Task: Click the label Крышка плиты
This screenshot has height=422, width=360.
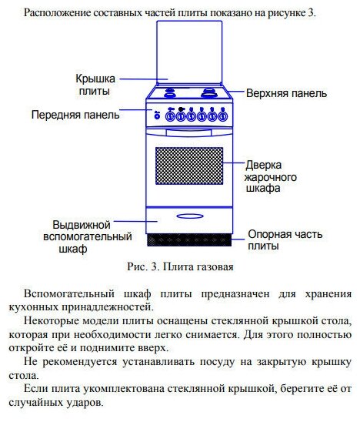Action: [x=95, y=85]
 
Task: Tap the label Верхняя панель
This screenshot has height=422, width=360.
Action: [x=287, y=93]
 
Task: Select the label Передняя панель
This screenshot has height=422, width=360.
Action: [x=75, y=115]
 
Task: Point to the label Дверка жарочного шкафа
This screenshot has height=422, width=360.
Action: [x=271, y=176]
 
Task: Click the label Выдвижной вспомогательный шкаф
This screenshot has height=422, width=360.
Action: [x=88, y=237]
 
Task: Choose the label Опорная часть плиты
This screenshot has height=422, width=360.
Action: [x=285, y=239]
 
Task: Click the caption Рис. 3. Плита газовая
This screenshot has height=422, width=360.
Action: [x=180, y=266]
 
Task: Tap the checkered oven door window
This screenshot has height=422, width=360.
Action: [x=189, y=166]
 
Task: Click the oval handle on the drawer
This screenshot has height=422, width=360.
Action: [x=190, y=216]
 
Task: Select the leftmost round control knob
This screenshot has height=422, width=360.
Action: [x=170, y=116]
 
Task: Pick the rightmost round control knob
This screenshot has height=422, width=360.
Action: [x=222, y=116]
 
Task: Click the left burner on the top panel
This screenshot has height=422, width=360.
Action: [x=170, y=92]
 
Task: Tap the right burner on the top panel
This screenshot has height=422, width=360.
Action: [x=209, y=92]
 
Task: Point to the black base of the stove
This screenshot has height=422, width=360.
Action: [x=189, y=239]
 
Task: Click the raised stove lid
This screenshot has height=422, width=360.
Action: [x=189, y=52]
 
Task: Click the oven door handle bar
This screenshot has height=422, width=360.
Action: [x=188, y=132]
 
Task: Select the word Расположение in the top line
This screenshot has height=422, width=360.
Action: [x=58, y=13]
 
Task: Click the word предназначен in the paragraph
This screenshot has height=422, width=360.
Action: [x=235, y=293]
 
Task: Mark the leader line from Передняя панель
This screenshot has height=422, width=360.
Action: [x=135, y=110]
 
